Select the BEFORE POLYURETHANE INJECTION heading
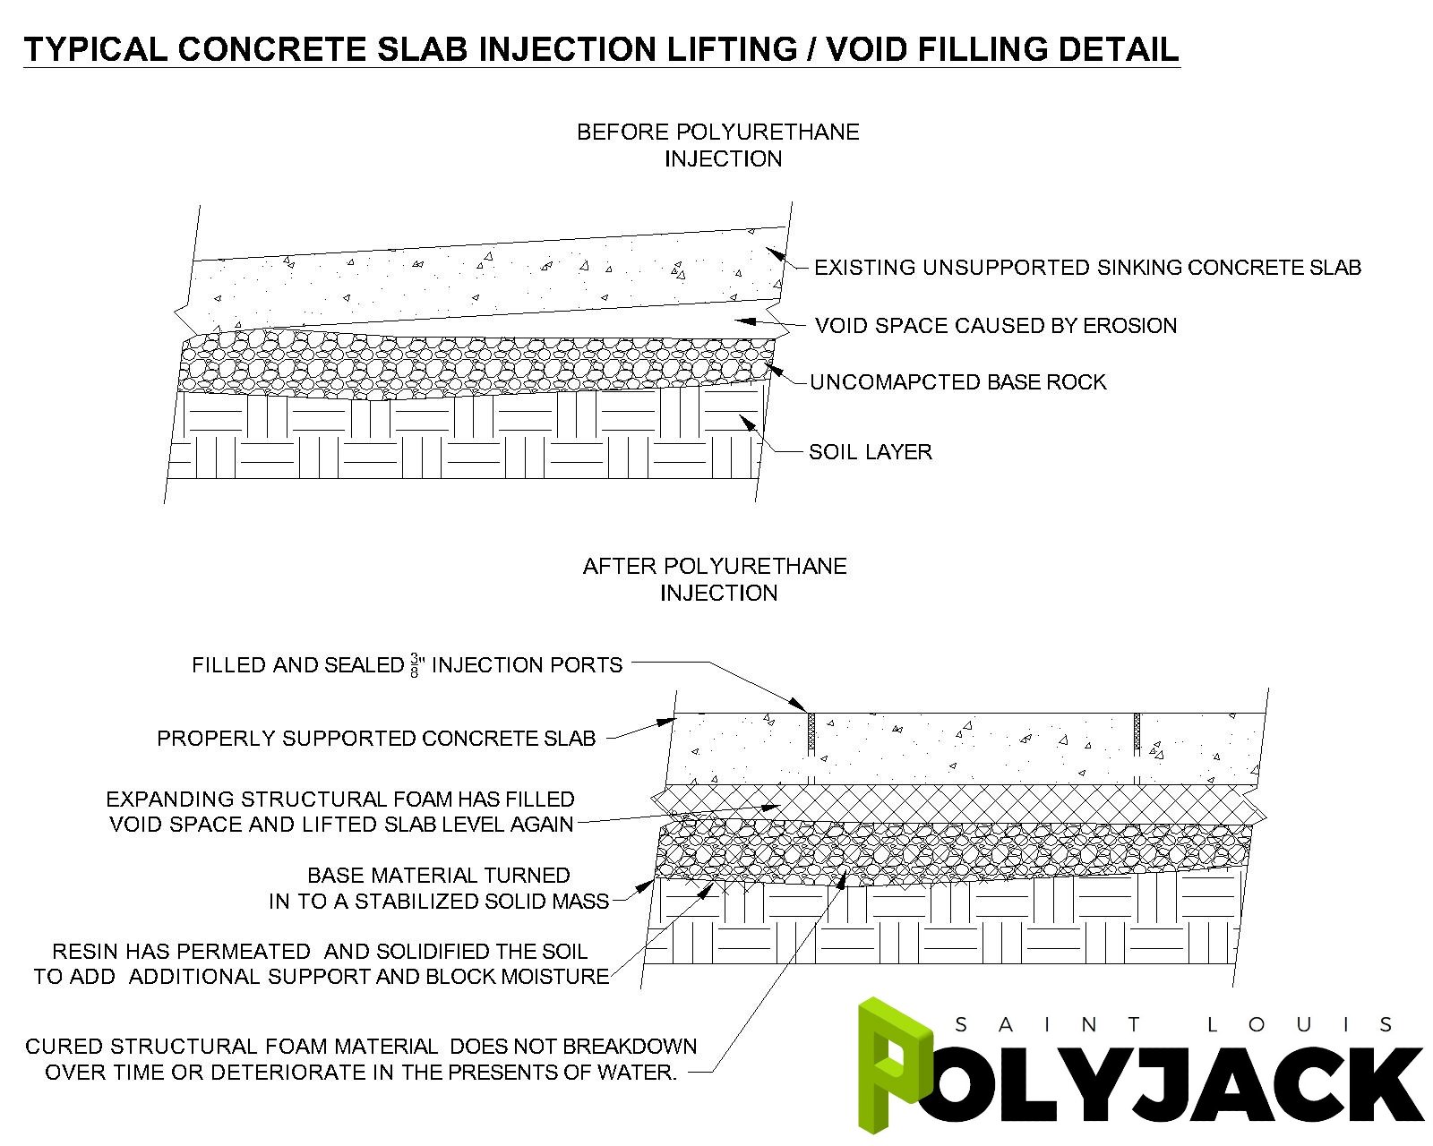tap(718, 145)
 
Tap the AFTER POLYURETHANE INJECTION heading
tap(716, 579)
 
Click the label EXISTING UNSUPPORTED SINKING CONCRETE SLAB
tap(1087, 268)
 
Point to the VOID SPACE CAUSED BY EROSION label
tap(996, 326)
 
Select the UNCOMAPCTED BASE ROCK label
tap(957, 382)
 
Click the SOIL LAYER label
tap(870, 452)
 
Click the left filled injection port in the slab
tap(811, 731)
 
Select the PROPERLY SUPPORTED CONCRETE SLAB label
tap(376, 739)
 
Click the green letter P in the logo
tap(887, 1065)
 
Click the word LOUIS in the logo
tap(1299, 1024)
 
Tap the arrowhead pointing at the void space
tap(742, 320)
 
